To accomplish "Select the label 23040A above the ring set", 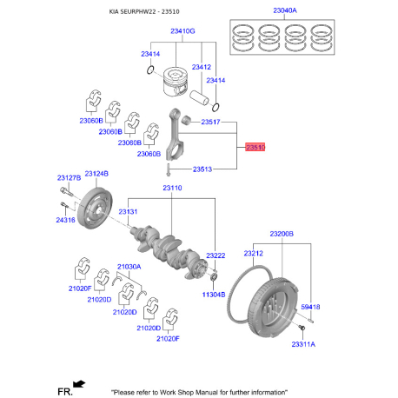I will click(x=283, y=11).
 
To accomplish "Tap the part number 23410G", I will click(x=182, y=30).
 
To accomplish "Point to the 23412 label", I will click(x=202, y=67).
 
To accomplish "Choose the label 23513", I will click(x=203, y=169).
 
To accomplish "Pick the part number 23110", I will click(x=172, y=188).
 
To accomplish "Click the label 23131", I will click(x=128, y=211).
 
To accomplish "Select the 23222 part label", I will click(x=216, y=255).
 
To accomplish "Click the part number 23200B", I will click(x=282, y=234).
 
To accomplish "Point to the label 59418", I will click(x=309, y=307).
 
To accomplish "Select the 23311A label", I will click(x=303, y=345).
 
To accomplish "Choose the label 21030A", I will click(x=129, y=267).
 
